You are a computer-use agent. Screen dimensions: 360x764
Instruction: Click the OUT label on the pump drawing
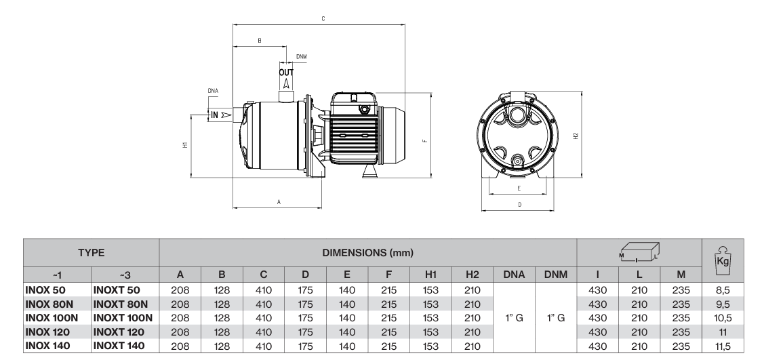tap(285, 71)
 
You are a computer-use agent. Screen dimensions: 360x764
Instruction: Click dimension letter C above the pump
tap(321, 19)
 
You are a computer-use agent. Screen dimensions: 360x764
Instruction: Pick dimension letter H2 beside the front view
tap(577, 136)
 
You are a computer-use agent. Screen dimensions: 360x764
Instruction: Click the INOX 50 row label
tap(46, 289)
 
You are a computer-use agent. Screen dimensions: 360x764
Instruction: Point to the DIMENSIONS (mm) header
tap(367, 252)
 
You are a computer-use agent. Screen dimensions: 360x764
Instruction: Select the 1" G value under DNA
tap(514, 317)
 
